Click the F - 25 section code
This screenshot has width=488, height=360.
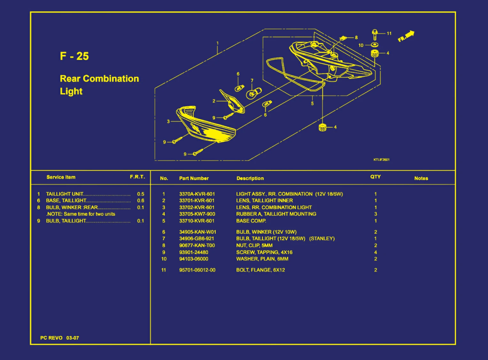tap(74, 56)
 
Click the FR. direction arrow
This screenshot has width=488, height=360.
tap(406, 36)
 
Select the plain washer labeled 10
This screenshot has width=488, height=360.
tap(375, 45)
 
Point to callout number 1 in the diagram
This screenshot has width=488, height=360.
tap(217, 43)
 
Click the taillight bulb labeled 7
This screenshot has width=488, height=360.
tap(254, 93)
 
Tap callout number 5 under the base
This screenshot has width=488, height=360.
tap(312, 103)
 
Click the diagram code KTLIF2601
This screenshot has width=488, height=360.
tap(381, 160)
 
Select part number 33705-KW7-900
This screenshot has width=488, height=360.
tap(197, 214)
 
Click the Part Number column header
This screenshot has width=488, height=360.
tap(194, 178)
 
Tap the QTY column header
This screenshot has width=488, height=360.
tap(375, 177)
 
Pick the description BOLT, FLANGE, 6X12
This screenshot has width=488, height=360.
tap(260, 270)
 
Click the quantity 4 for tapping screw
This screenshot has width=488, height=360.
tap(376, 252)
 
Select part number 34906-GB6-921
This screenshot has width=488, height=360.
tap(196, 239)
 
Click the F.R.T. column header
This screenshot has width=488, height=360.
tap(137, 177)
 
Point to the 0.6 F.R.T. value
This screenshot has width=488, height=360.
tap(141, 201)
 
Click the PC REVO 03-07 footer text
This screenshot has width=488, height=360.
tap(59, 338)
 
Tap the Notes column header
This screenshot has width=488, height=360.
tap(421, 178)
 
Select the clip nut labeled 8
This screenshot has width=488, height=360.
tap(343, 38)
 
